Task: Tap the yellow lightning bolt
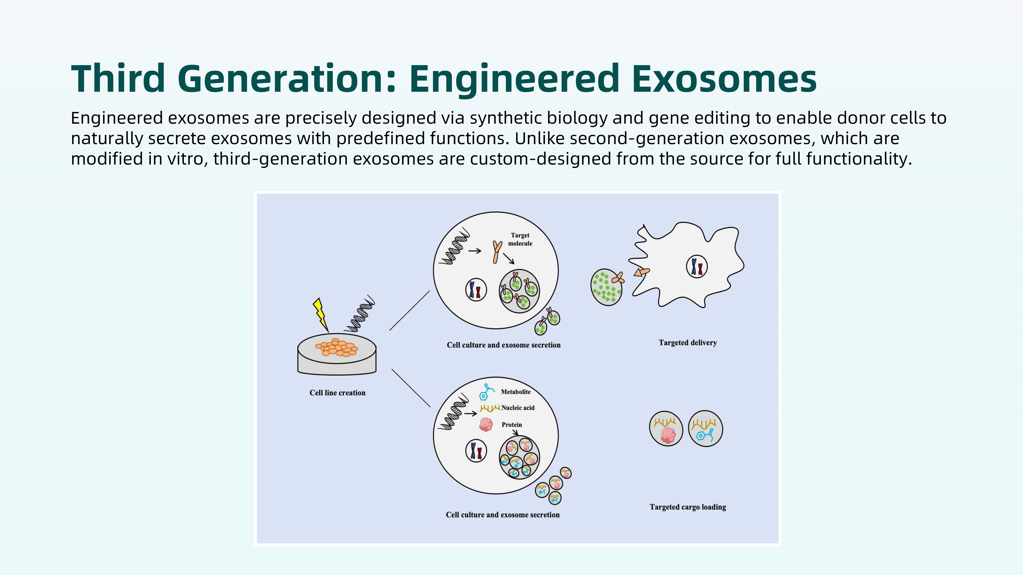(x=321, y=315)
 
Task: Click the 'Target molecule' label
(x=520, y=239)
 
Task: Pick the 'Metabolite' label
(x=516, y=392)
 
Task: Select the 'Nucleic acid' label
(x=518, y=408)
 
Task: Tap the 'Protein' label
(x=511, y=424)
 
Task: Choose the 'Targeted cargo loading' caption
(x=688, y=507)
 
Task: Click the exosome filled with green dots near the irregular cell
(x=606, y=287)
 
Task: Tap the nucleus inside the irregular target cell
(x=697, y=266)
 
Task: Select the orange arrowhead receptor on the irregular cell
(x=641, y=272)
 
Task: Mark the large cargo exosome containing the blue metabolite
(x=705, y=429)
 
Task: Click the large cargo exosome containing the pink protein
(x=666, y=429)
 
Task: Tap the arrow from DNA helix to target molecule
(x=475, y=251)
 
